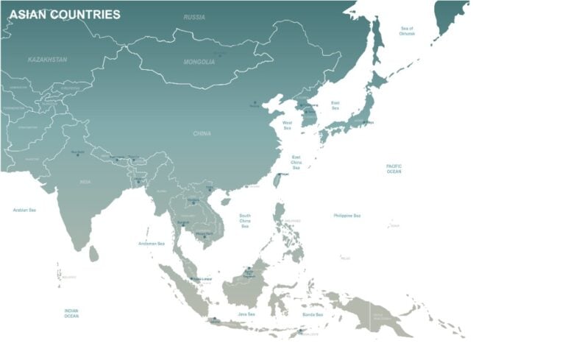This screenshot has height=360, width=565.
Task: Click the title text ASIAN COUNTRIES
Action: [65, 15]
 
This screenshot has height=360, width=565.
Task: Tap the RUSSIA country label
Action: [194, 17]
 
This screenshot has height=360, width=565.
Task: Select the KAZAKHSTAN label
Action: [47, 59]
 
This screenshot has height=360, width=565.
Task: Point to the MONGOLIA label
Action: [199, 62]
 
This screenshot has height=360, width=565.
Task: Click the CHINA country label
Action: [202, 134]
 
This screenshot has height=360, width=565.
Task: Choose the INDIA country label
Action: [85, 181]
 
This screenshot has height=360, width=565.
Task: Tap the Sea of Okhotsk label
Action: [407, 31]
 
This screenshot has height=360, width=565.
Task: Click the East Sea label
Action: [335, 105]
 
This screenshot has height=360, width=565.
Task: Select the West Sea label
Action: [287, 125]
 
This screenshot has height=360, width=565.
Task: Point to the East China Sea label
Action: [296, 162]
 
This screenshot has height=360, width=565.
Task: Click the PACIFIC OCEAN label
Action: [394, 169]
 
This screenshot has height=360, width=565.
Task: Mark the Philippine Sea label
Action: [347, 216]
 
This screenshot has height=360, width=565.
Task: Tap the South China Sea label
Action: [245, 221]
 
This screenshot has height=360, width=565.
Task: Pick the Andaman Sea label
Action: [152, 244]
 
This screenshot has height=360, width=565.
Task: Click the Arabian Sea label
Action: [24, 210]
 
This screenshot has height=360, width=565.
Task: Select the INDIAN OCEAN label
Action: [71, 313]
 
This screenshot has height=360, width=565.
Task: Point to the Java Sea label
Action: [246, 314]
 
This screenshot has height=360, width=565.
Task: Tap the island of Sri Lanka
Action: [93, 254]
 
